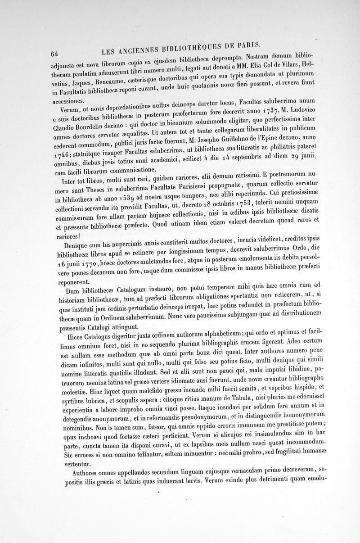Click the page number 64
pyautogui.click(x=55, y=53)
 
